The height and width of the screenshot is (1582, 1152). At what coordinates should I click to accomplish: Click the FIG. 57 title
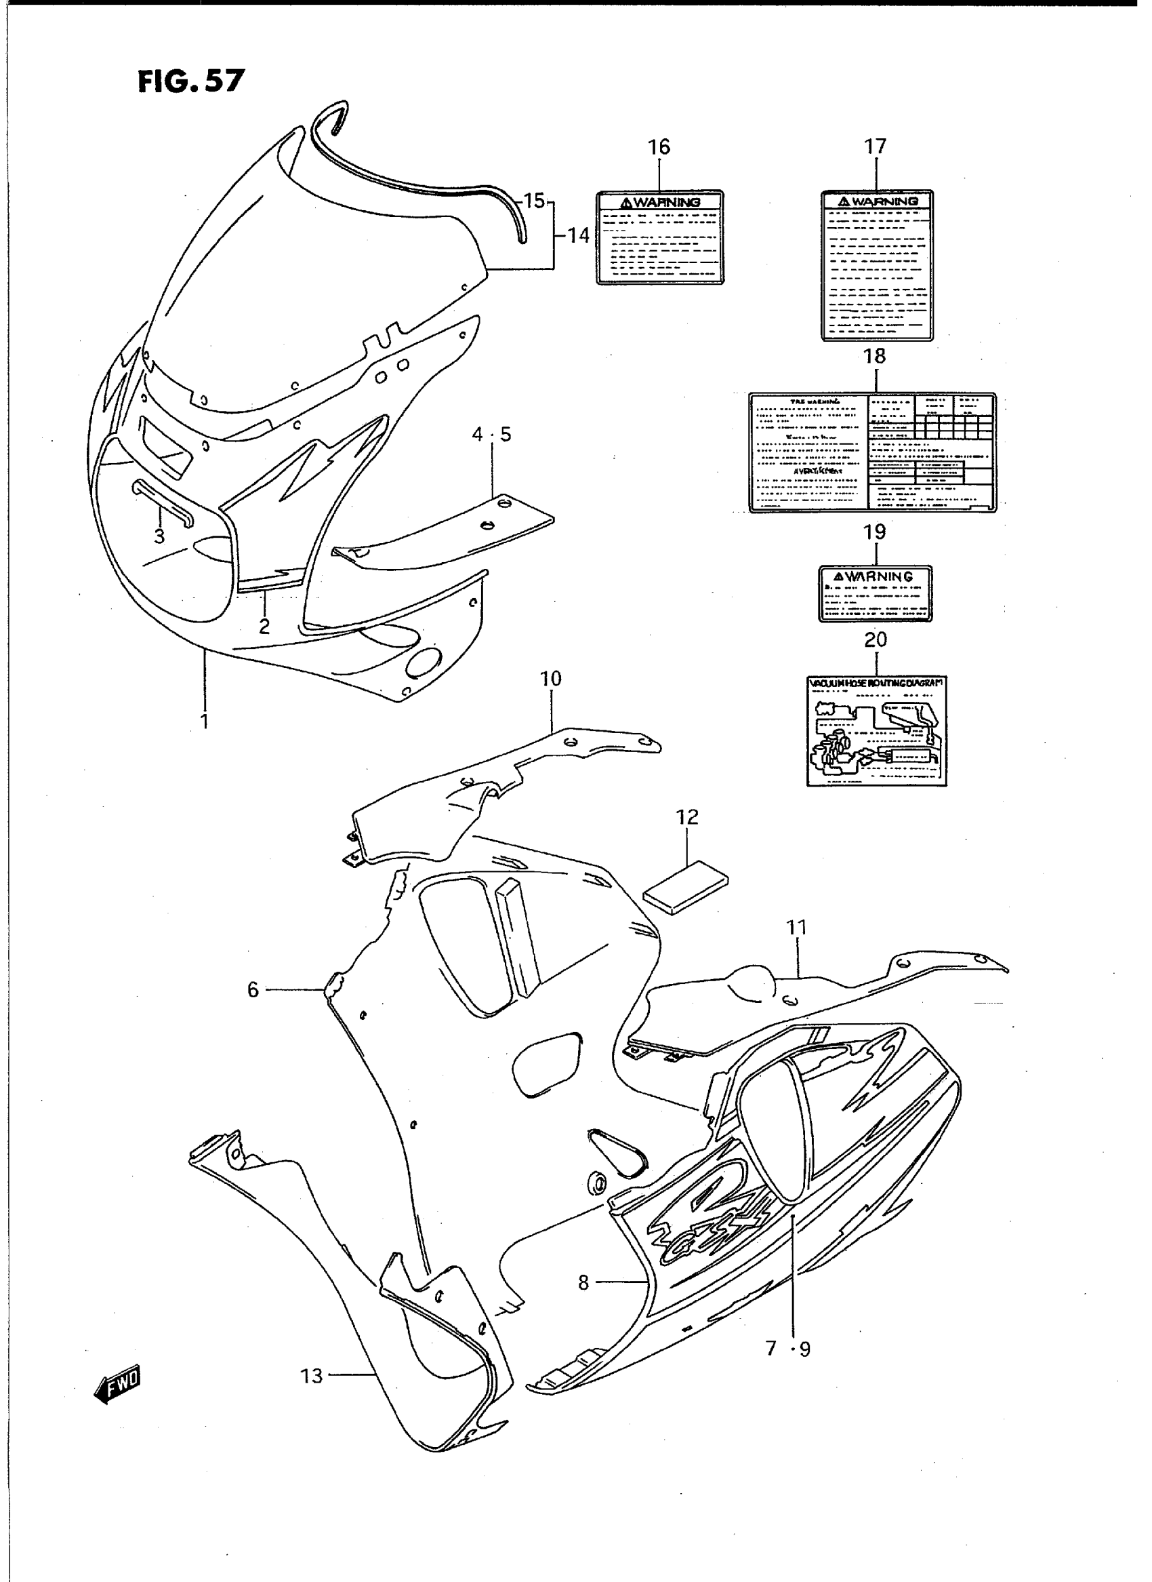(x=190, y=81)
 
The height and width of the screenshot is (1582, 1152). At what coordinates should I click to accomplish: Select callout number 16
(x=658, y=147)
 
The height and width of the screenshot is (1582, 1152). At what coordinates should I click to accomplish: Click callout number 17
(x=875, y=146)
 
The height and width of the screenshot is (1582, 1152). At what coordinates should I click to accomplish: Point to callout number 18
(x=874, y=356)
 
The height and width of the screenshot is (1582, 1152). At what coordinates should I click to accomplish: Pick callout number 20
(x=876, y=639)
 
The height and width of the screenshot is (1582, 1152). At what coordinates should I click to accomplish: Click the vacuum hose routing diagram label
(x=877, y=730)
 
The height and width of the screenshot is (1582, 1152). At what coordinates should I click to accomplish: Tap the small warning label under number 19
(x=875, y=593)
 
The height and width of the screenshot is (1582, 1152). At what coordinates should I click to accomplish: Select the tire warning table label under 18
(x=872, y=453)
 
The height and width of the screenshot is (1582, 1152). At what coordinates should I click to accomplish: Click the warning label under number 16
(x=659, y=237)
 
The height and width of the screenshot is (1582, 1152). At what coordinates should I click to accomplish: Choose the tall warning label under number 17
(x=877, y=265)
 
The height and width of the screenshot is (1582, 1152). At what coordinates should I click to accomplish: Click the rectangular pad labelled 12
(x=685, y=887)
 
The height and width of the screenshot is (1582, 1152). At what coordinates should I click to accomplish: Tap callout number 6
(x=253, y=989)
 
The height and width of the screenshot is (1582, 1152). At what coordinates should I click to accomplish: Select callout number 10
(x=550, y=679)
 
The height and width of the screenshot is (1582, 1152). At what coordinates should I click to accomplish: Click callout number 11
(x=796, y=928)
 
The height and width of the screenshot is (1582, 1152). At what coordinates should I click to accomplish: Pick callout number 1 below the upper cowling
(x=205, y=721)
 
